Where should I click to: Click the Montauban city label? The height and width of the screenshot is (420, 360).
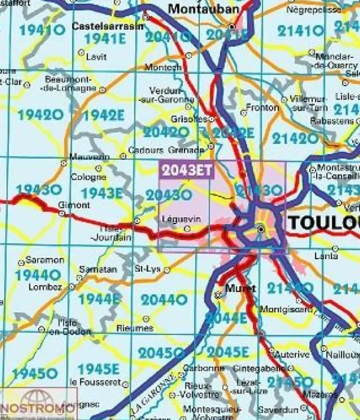coord(203,9)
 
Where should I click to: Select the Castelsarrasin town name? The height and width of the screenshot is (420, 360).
coord(108,26)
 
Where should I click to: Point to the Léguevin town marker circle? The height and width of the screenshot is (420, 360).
coord(187,229)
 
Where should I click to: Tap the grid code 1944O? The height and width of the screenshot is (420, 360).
coord(38,276)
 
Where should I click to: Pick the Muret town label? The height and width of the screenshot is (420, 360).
coord(240,288)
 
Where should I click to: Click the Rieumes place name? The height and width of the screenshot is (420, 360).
coord(135,328)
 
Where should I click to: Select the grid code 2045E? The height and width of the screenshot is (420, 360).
coord(228,352)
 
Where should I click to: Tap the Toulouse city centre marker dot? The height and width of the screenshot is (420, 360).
coord(261,229)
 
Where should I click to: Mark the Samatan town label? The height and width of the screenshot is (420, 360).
coord(98,269)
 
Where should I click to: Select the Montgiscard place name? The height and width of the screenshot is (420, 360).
coord(286,309)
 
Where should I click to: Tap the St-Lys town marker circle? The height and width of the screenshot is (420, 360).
coord(167,270)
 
